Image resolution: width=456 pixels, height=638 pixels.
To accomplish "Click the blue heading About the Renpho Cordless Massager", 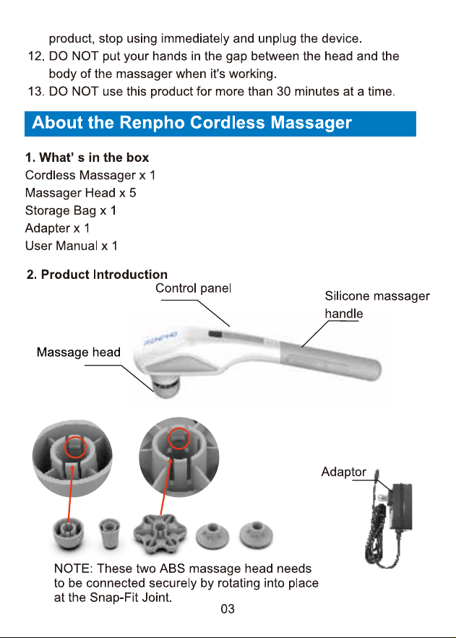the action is [192, 123].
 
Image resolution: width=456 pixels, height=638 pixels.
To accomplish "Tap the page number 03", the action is [228, 608].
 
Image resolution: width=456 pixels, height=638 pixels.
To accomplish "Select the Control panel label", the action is [193, 288].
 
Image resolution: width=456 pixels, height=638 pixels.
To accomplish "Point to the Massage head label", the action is [79, 352].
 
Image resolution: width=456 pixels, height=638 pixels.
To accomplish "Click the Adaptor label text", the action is [344, 472].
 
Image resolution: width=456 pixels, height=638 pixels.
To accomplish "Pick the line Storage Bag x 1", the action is [71, 210].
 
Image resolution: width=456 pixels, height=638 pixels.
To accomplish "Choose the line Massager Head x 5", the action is [80, 193].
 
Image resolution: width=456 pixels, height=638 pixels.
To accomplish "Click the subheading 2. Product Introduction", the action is [97, 275].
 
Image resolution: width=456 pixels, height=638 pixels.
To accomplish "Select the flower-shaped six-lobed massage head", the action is [160, 533].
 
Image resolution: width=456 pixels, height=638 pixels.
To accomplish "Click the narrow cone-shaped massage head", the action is [109, 533].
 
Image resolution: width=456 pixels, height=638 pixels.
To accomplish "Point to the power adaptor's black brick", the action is [400, 506].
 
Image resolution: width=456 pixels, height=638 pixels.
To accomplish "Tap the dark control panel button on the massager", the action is [215, 335].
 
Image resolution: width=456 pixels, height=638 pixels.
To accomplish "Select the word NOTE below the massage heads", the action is [71, 569].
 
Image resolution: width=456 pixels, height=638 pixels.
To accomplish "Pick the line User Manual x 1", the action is [72, 246].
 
